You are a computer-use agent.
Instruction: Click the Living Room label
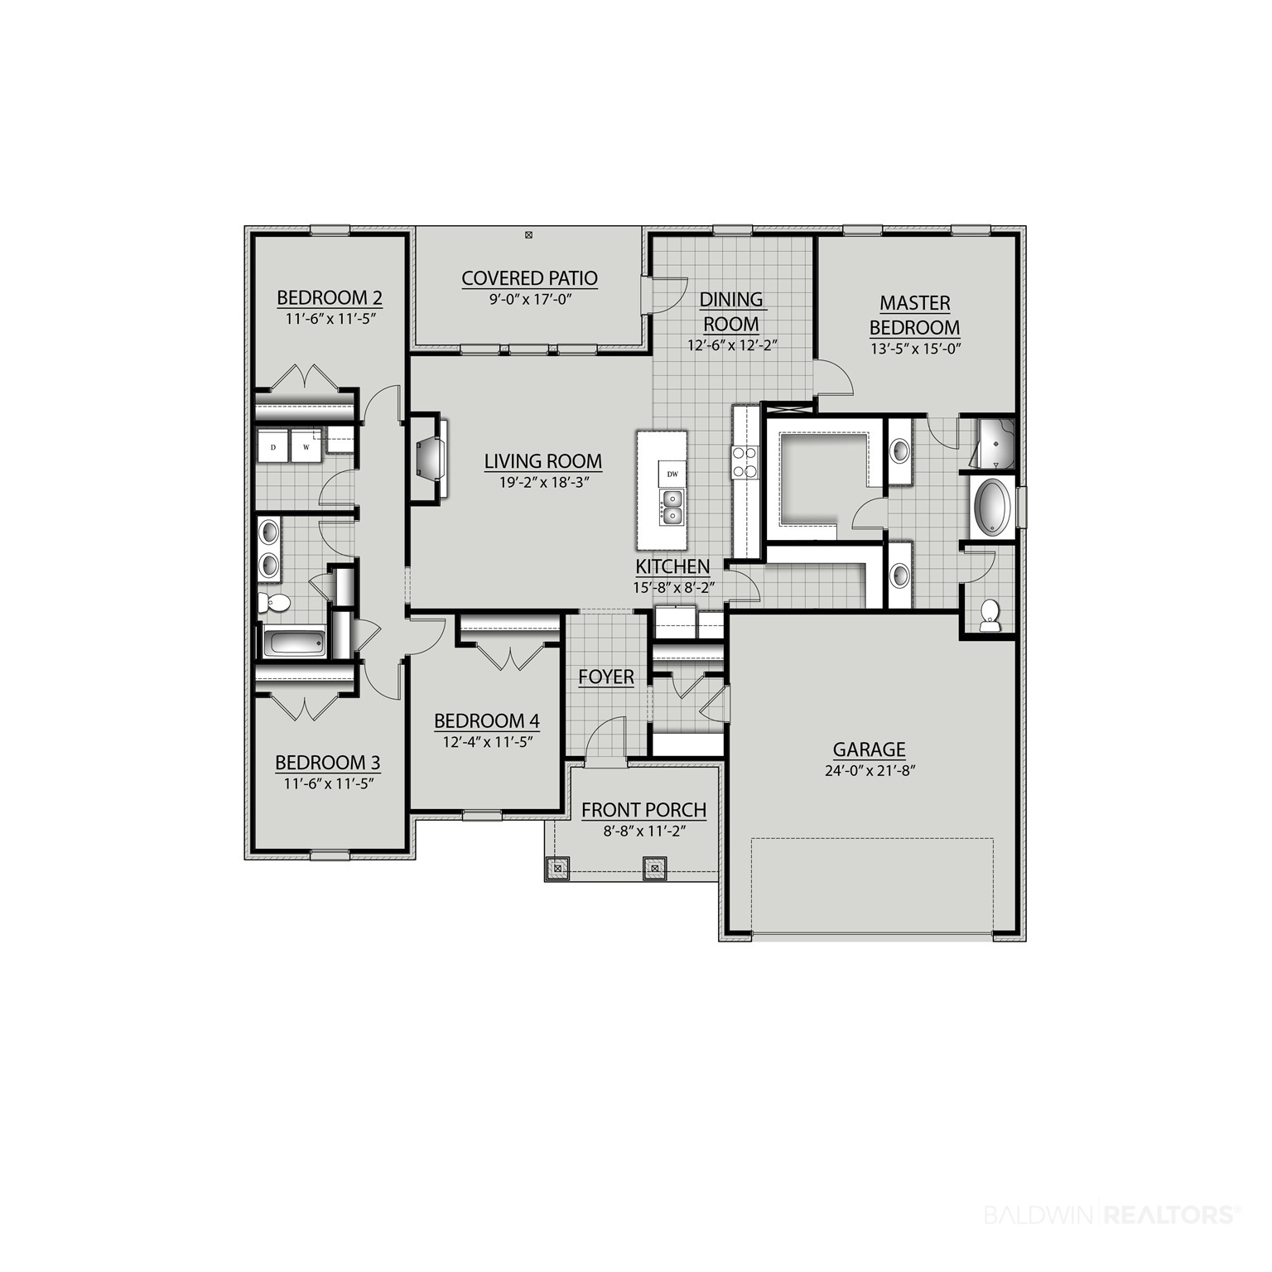[x=543, y=461]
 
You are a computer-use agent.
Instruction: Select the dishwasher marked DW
[x=672, y=474]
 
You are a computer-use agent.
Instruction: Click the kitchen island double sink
[x=672, y=508]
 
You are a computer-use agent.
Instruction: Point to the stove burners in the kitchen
[x=744, y=463]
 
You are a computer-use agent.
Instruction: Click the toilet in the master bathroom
[x=990, y=615]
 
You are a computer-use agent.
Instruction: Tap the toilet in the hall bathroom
[x=274, y=602]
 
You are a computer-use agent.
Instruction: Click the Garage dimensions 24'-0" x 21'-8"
[x=869, y=770]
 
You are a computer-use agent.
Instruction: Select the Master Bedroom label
[x=915, y=316]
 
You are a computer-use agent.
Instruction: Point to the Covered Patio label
[x=530, y=278]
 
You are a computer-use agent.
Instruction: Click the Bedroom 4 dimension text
[x=487, y=742]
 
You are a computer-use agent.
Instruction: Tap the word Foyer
[x=606, y=677]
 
